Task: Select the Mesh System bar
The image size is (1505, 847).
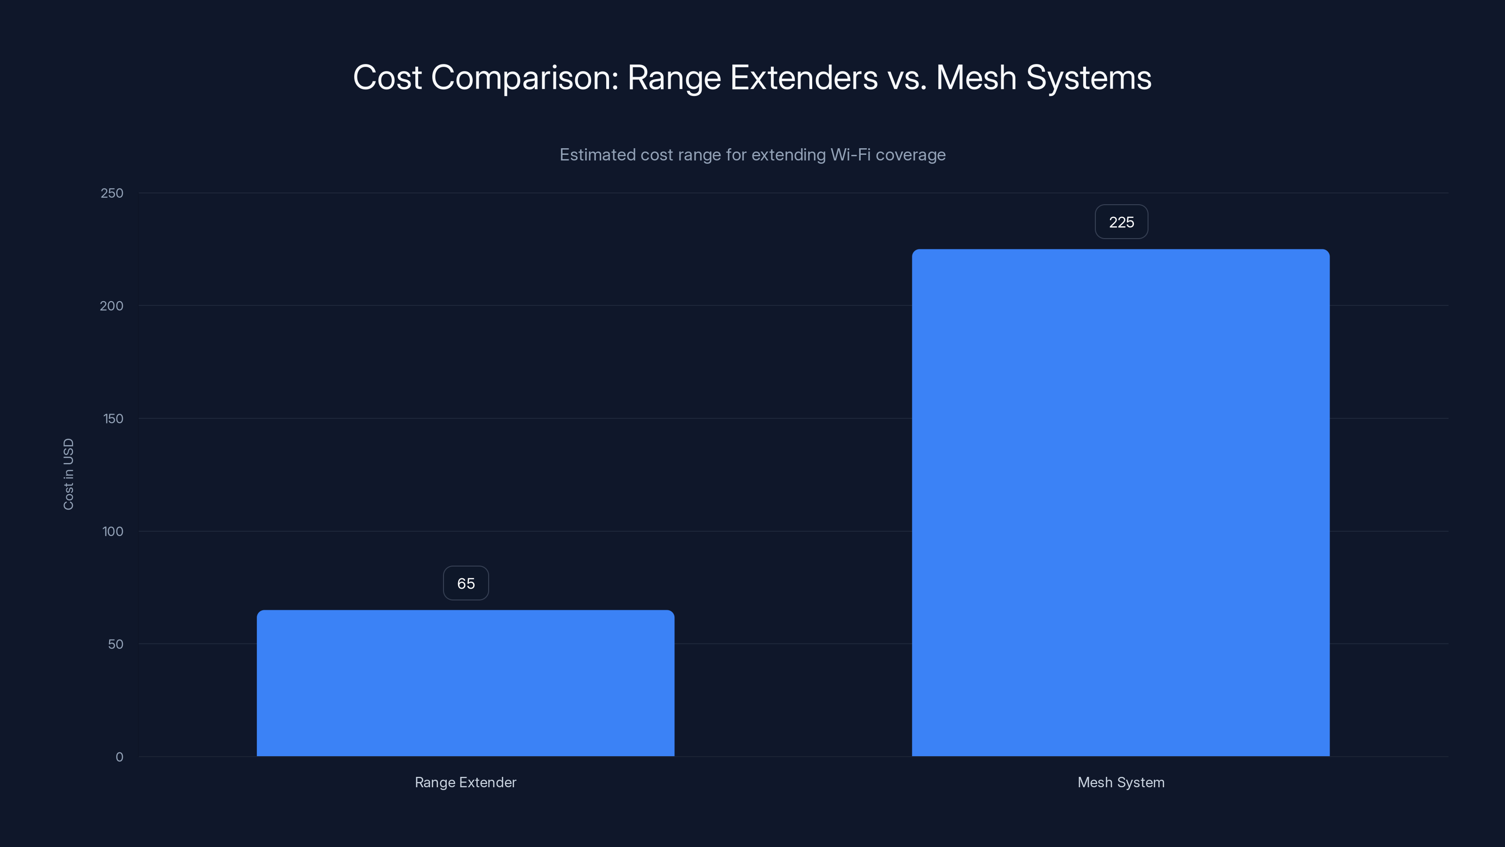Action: (x=1121, y=503)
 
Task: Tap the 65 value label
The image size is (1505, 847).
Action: (x=466, y=583)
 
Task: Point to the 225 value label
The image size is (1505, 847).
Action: (x=1121, y=222)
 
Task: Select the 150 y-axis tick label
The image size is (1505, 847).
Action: (x=113, y=418)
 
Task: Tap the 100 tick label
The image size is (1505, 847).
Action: (x=113, y=531)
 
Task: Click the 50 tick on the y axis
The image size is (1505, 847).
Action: (x=116, y=644)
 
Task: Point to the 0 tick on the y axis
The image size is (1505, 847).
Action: (x=119, y=757)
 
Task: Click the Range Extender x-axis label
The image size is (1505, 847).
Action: (x=466, y=782)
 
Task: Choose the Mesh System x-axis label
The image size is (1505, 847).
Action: (x=1121, y=782)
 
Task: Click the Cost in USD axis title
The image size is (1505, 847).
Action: (x=68, y=474)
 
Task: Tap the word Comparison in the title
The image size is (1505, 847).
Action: (x=524, y=78)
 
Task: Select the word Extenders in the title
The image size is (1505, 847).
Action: (x=803, y=78)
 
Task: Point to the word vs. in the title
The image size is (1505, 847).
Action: (x=907, y=78)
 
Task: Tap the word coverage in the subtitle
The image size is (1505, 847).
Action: (x=910, y=155)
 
